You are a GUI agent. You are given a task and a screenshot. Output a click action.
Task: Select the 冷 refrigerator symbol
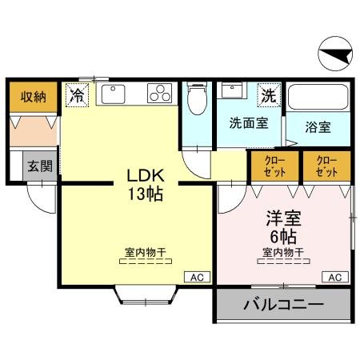[x=78, y=96]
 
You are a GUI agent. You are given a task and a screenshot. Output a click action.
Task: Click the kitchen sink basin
[x=113, y=95]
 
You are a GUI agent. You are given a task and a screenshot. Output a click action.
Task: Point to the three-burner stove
[x=160, y=95]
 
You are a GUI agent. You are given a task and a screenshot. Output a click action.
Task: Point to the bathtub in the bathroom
[x=319, y=98]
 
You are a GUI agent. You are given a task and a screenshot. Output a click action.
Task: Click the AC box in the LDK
[x=196, y=278]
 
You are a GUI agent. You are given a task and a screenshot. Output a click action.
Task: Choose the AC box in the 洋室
[x=336, y=278]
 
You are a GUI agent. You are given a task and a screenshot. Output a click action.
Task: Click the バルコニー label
[x=282, y=306]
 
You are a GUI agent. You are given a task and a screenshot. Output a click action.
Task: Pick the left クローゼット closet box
[x=274, y=166]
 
